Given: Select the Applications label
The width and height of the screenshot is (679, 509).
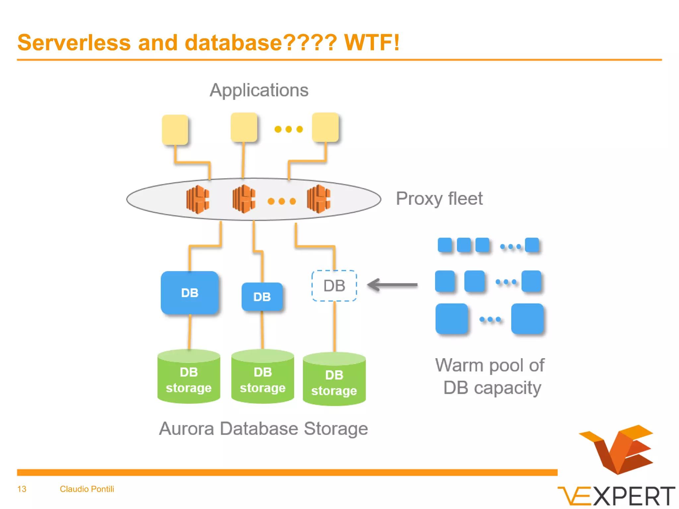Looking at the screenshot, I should tap(259, 90).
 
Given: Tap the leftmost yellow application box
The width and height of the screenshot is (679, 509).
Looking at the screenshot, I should tap(175, 130).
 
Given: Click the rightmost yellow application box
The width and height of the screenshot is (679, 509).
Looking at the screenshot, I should tap(325, 127).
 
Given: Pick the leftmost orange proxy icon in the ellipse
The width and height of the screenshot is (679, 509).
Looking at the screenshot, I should tap(198, 199).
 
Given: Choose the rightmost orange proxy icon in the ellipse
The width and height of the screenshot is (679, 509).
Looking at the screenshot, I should tap(318, 199).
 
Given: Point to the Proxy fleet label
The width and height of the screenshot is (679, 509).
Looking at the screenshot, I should tap(439, 199).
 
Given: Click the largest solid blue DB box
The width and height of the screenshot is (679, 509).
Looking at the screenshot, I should tap(190, 293).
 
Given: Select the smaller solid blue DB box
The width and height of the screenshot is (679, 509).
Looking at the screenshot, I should tap(262, 297).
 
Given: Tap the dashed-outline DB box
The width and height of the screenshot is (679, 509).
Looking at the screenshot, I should tap(334, 286).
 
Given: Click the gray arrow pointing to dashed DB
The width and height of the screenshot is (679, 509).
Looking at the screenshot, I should tap(393, 285).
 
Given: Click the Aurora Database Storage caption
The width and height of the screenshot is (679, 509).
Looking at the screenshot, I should tap(263, 428).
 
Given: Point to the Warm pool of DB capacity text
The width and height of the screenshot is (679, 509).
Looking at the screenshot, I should tap(490, 376).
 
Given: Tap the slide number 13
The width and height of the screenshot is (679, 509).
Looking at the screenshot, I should tap(22, 489).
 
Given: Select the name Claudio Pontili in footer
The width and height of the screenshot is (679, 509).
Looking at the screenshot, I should tap(87, 489).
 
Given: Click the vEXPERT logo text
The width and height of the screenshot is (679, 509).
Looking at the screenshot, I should tap(617, 496).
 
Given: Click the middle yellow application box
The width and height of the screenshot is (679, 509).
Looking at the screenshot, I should tap(244, 127).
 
